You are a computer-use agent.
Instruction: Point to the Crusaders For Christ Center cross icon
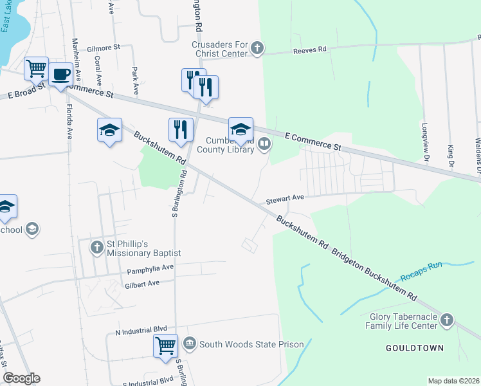pos(257,48)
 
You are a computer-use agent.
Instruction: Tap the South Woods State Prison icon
pos(189,344)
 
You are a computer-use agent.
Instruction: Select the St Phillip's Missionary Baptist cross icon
pos(96,247)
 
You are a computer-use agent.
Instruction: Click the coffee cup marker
pos(60,74)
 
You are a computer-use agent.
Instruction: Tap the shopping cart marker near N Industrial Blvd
pos(165,345)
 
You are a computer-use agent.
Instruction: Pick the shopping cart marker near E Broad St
pos(36,68)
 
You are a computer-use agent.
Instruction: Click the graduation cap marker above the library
pos(240,129)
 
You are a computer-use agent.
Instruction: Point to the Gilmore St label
pos(104,48)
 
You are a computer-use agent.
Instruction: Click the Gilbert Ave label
pos(142,283)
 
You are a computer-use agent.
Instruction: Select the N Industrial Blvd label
pos(136,333)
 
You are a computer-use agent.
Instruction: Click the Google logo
pos(21,378)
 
